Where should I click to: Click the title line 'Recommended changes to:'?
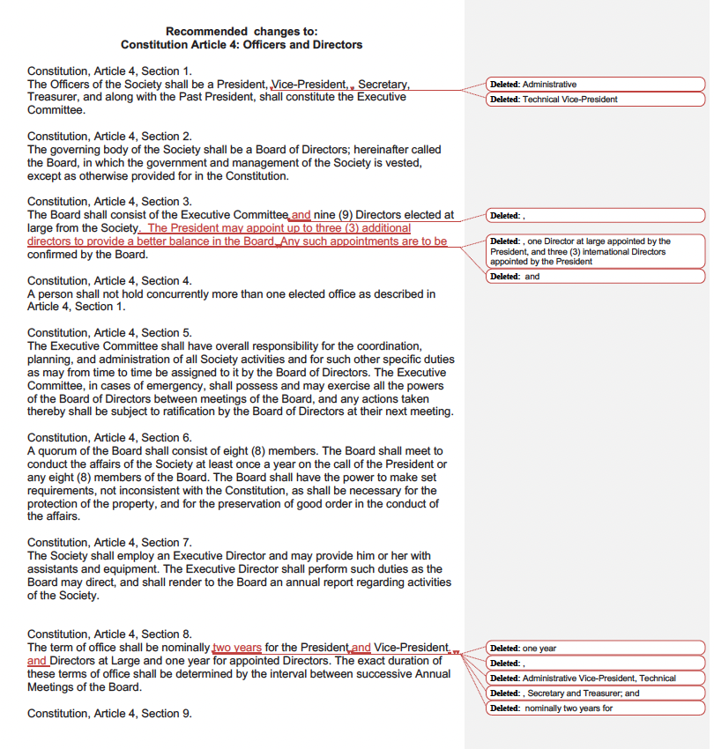click(242, 32)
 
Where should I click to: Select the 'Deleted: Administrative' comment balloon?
click(595, 85)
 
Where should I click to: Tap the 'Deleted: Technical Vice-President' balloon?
click(595, 100)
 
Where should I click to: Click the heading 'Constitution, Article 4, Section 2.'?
click(109, 137)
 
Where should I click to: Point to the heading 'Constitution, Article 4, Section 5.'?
click(109, 333)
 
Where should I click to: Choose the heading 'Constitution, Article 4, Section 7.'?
click(109, 543)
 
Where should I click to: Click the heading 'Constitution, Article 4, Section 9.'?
click(109, 714)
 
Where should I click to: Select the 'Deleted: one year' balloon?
click(595, 649)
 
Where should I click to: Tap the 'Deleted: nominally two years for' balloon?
click(595, 708)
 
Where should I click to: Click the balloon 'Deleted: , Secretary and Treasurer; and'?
click(595, 693)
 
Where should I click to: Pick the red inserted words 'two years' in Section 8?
click(237, 648)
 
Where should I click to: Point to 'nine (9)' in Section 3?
click(333, 214)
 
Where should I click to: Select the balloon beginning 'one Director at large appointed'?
click(595, 251)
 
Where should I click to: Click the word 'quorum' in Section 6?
click(57, 451)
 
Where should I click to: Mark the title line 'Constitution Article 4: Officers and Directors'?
click(242, 45)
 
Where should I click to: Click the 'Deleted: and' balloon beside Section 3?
click(595, 277)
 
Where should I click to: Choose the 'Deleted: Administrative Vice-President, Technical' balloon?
click(595, 679)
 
